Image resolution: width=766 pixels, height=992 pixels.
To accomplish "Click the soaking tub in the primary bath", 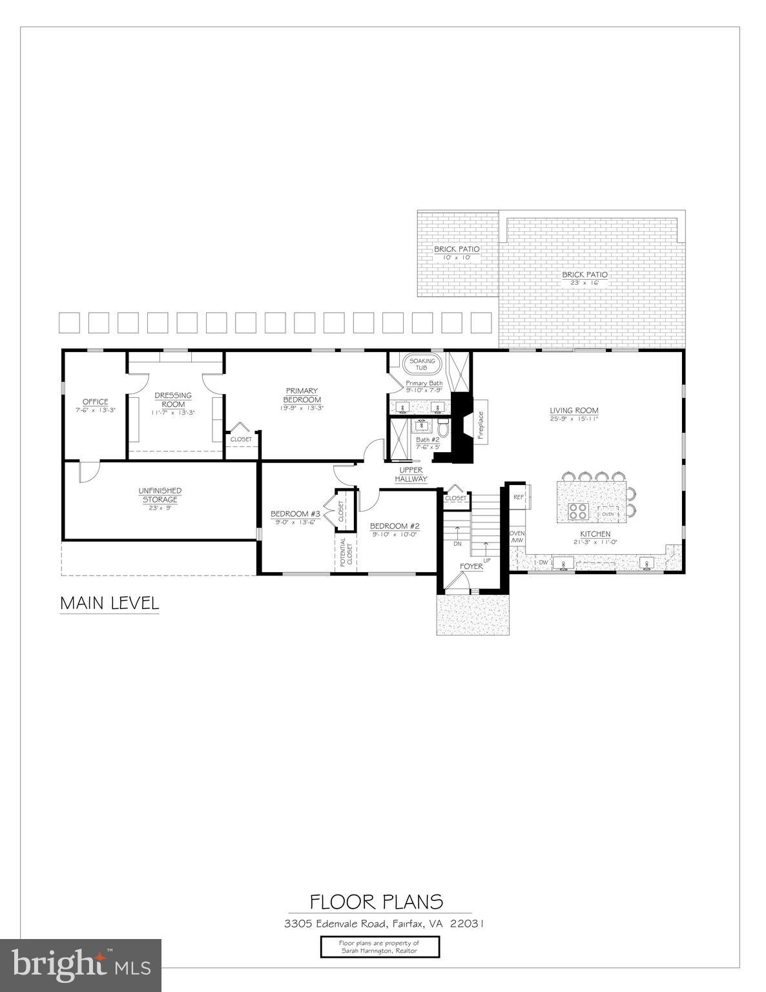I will pos(421,364).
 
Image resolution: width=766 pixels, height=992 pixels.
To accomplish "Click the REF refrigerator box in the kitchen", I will pos(518,497).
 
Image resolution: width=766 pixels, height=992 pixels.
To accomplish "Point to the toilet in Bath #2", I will pos(443,428).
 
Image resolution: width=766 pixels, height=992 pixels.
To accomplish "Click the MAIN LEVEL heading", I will pos(109,603).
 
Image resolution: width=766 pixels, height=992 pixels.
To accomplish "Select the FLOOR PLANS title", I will pos(377,901).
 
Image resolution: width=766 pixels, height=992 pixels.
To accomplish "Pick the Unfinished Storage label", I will pos(160,495).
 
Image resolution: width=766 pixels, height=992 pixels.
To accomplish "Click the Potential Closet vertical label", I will pos(346,552).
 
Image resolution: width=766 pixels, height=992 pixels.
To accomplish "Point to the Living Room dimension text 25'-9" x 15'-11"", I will pos(574,418).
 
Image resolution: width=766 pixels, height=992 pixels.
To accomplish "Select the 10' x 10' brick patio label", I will pos(457,253).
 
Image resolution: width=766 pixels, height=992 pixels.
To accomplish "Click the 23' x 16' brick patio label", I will pos(584,279).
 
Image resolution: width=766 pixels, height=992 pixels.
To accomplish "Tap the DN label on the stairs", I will pos(457,543).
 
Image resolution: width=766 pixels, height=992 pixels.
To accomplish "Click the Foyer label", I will pos(471,566).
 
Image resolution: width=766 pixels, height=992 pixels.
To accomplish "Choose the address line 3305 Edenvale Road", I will pos(384,924).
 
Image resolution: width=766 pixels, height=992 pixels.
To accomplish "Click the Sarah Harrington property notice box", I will pos(380,947).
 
